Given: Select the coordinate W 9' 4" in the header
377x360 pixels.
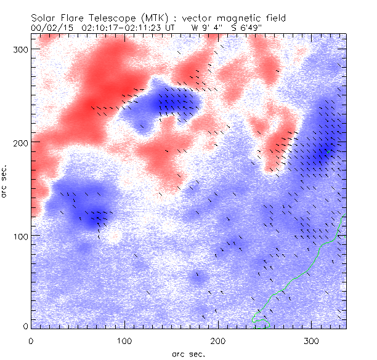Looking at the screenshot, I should [x=202, y=28].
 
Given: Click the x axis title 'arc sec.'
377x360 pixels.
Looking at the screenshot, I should [x=188, y=354].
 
